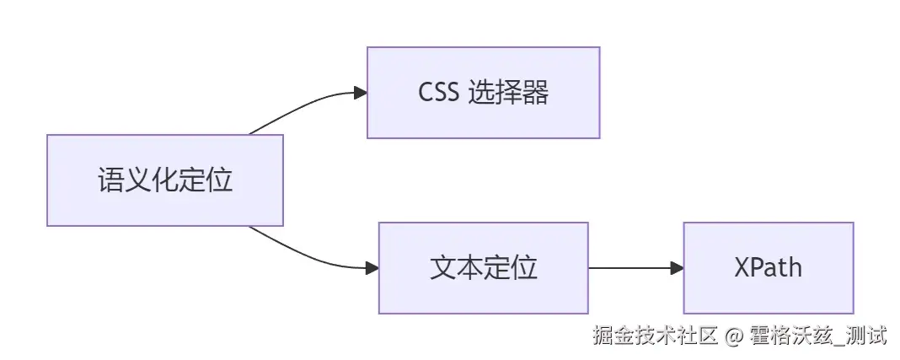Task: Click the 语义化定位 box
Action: (x=165, y=180)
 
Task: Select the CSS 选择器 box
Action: (x=483, y=93)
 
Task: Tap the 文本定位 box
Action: (x=483, y=268)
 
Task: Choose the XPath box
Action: (x=768, y=268)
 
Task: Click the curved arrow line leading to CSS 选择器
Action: (x=303, y=105)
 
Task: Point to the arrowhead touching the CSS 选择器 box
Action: (x=360, y=93)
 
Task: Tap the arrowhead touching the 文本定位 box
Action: (x=372, y=268)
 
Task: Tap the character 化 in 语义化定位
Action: (x=165, y=180)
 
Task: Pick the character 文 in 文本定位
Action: (x=442, y=268)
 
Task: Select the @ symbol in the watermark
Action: (x=734, y=336)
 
